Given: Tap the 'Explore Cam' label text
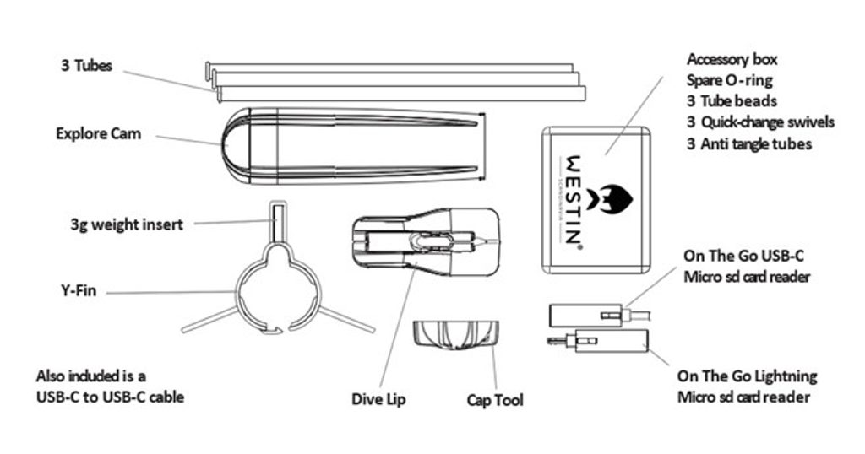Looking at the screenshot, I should tap(98, 133).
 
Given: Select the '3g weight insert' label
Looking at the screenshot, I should tap(127, 225).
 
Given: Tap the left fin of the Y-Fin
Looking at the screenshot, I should tap(207, 320).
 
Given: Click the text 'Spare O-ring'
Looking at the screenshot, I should tap(730, 80).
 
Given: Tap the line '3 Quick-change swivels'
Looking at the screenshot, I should tap(760, 122).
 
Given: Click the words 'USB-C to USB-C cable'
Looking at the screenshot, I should tap(110, 395).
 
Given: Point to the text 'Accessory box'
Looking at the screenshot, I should tap(732, 59).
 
